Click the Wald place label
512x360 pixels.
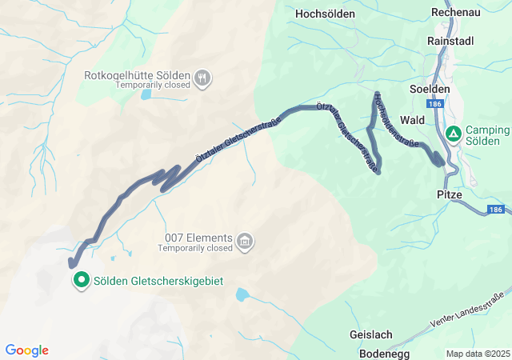[412, 119]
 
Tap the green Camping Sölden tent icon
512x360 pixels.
[453, 134]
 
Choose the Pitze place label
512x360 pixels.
[450, 194]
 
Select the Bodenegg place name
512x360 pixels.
[378, 352]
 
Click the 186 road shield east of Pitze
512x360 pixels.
[494, 210]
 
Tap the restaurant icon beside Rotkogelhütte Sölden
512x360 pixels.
[203, 77]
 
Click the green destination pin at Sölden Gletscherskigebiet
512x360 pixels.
[82, 280]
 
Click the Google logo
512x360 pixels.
[26, 350]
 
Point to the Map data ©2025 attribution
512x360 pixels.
[477, 354]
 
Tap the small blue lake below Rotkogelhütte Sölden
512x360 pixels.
[146, 94]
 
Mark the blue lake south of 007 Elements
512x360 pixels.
[241, 294]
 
